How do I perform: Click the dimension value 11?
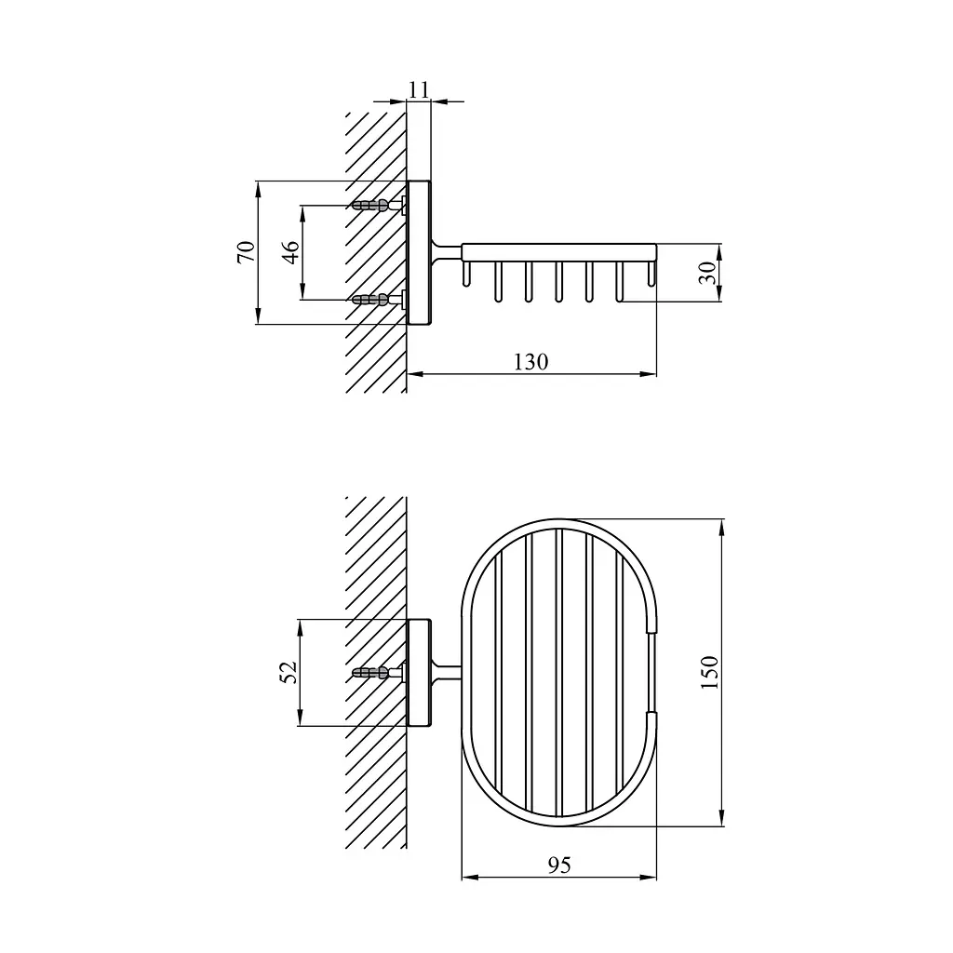click(418, 90)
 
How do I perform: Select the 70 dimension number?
click(246, 251)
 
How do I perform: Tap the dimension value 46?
click(291, 251)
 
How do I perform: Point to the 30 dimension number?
click(707, 273)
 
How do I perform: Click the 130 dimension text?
click(531, 362)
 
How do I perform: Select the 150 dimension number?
click(709, 672)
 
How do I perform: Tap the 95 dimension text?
click(559, 865)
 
